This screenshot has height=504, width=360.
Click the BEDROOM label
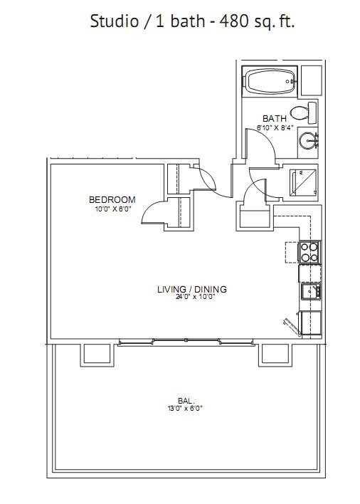[112, 199]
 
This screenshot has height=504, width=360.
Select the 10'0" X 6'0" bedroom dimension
[112, 209]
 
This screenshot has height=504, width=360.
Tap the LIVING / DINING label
[191, 289]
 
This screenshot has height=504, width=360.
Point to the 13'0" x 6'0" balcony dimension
[185, 409]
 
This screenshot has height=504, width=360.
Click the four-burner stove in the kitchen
[309, 252]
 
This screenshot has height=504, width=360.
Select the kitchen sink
[311, 291]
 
